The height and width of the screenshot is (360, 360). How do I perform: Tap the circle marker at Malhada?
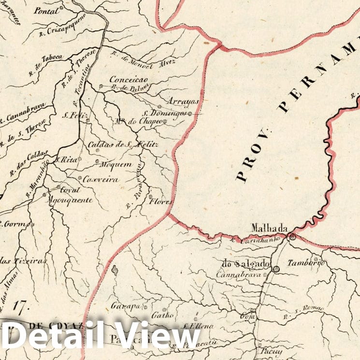[292, 237]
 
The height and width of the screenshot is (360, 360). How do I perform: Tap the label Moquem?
[115, 164]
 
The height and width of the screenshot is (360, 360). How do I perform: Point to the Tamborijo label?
[305, 263]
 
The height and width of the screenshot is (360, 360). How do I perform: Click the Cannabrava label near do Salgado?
[238, 274]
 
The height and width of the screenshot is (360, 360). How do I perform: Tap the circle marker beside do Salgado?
[275, 269]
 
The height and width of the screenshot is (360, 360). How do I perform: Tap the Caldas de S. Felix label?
[123, 144]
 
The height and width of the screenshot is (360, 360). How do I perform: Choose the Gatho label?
[162, 316]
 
